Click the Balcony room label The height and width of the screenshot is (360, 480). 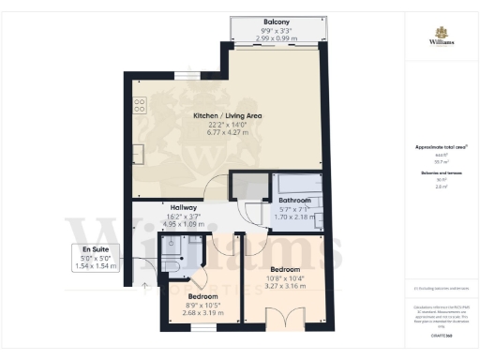pos(276,21)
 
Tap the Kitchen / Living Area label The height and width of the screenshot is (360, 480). pos(227,116)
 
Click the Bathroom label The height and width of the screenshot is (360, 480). pos(294,201)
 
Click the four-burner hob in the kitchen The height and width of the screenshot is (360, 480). pos(139,105)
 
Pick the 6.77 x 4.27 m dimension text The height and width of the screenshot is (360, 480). pos(227,133)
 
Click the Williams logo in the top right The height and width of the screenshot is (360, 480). pos(441,38)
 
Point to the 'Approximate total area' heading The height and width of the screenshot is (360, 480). pos(441,148)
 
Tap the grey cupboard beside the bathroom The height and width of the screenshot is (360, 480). pos(249,186)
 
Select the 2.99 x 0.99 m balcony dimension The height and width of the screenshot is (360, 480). pos(276,37)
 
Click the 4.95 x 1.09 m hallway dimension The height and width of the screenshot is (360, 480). pos(182,225)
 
